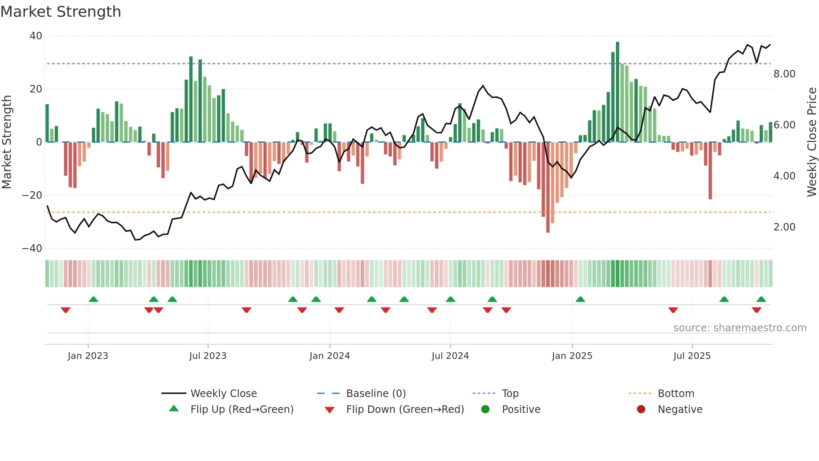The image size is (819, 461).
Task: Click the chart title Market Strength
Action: (61, 12)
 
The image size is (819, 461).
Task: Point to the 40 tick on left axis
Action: (36, 36)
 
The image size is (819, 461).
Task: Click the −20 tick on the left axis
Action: (32, 195)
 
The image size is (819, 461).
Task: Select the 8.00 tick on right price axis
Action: (784, 74)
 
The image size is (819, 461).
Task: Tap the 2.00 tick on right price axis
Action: (784, 227)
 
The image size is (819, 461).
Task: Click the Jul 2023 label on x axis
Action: (208, 356)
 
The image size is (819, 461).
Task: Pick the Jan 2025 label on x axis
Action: (572, 356)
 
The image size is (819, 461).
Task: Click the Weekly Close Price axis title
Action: (811, 142)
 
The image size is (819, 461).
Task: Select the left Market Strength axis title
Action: (7, 142)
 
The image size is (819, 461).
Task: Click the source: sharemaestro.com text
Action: (740, 328)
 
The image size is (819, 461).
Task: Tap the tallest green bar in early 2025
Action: (618, 92)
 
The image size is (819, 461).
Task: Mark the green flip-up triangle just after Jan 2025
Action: (580, 300)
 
